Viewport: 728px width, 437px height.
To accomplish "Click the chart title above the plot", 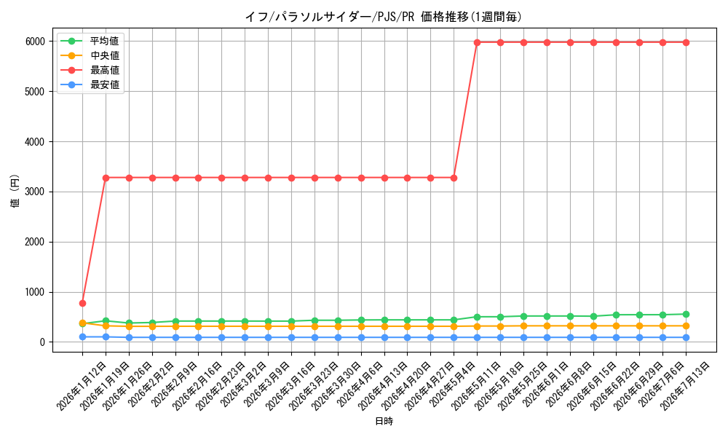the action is pyautogui.click(x=383, y=17).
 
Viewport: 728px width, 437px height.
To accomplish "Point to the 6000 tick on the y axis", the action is pyautogui.click(x=35, y=42).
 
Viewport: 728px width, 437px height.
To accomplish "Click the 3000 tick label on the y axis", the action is pyautogui.click(x=35, y=192).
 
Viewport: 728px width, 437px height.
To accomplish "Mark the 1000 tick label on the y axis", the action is pyautogui.click(x=35, y=292).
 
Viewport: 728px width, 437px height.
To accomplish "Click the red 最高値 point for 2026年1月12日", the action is pyautogui.click(x=83, y=303).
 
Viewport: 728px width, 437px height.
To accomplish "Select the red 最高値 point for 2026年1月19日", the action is pyautogui.click(x=106, y=178).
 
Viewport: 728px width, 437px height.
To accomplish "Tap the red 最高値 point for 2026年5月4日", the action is pyautogui.click(x=454, y=178).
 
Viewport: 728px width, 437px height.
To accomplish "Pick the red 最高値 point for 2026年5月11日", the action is pyautogui.click(x=477, y=42).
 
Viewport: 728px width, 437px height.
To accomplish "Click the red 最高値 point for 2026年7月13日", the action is pyautogui.click(x=686, y=42).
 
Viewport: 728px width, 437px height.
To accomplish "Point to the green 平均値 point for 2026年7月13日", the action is pyautogui.click(x=686, y=315).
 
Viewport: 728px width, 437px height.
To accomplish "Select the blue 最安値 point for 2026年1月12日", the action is pyautogui.click(x=83, y=336).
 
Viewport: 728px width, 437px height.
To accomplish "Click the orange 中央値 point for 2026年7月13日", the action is pyautogui.click(x=686, y=326).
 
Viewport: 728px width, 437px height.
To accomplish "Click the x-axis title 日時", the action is pyautogui.click(x=384, y=421).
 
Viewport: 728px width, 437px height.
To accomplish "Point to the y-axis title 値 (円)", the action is pyautogui.click(x=15, y=191).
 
